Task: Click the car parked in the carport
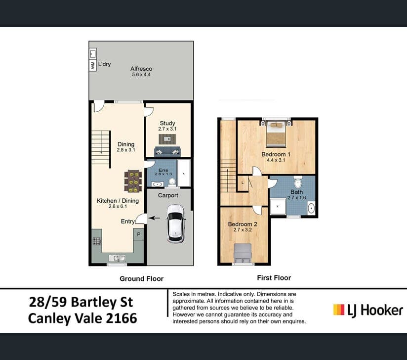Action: click(x=175, y=223)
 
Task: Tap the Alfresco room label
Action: click(x=141, y=69)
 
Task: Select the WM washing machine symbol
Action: click(x=93, y=65)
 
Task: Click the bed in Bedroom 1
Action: click(x=276, y=134)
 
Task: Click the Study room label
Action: click(x=167, y=123)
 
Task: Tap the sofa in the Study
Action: click(x=167, y=151)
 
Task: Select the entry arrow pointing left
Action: click(x=155, y=218)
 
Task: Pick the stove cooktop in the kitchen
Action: click(x=96, y=242)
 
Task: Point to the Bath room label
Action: click(x=296, y=192)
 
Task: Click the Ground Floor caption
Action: click(x=141, y=279)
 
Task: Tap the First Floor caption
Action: click(x=274, y=278)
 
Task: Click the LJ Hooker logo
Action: click(x=368, y=310)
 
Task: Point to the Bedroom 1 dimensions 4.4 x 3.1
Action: click(x=276, y=160)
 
